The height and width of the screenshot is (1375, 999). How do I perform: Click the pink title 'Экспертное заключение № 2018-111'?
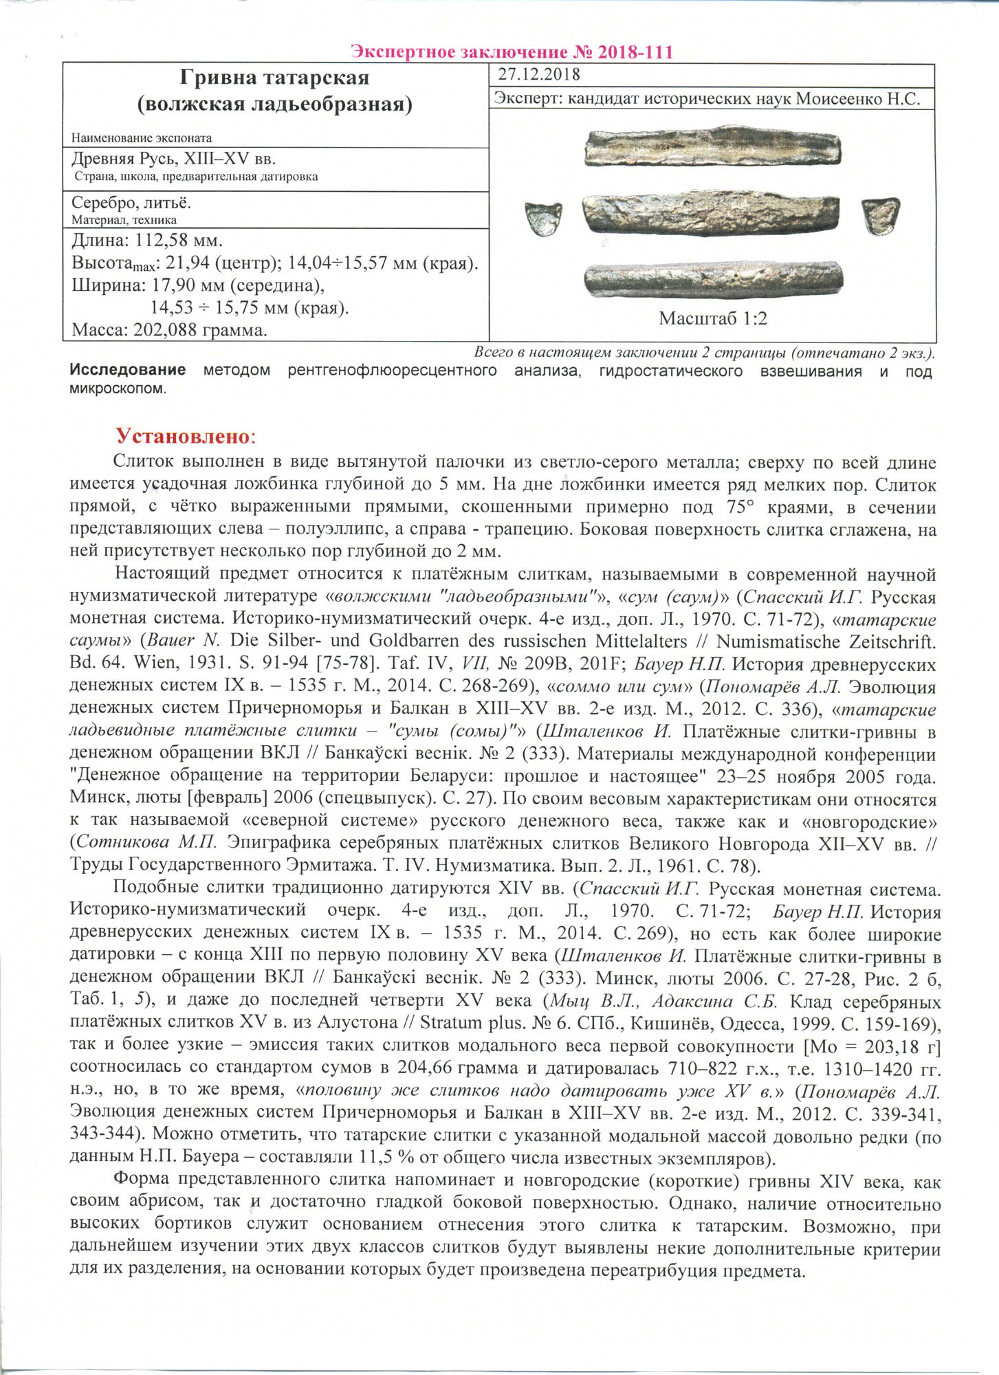pos(512,52)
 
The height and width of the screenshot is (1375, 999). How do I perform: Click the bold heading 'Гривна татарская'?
pos(274,78)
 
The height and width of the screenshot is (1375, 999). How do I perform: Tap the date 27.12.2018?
pos(538,74)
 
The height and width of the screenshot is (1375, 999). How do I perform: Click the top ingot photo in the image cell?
pos(712,146)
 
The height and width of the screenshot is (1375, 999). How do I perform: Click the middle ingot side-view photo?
pos(711,213)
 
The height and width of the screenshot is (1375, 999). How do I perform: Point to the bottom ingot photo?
pos(713,279)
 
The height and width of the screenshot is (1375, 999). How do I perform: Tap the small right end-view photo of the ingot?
pos(880,216)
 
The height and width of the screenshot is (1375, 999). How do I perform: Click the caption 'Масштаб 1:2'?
pos(712,318)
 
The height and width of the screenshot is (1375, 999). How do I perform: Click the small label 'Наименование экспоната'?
pos(141,138)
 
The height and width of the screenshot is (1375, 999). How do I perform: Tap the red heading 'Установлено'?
pos(183,436)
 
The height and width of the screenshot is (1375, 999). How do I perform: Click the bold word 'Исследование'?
pos(127,371)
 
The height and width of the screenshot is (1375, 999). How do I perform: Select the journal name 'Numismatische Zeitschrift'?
pos(824,642)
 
